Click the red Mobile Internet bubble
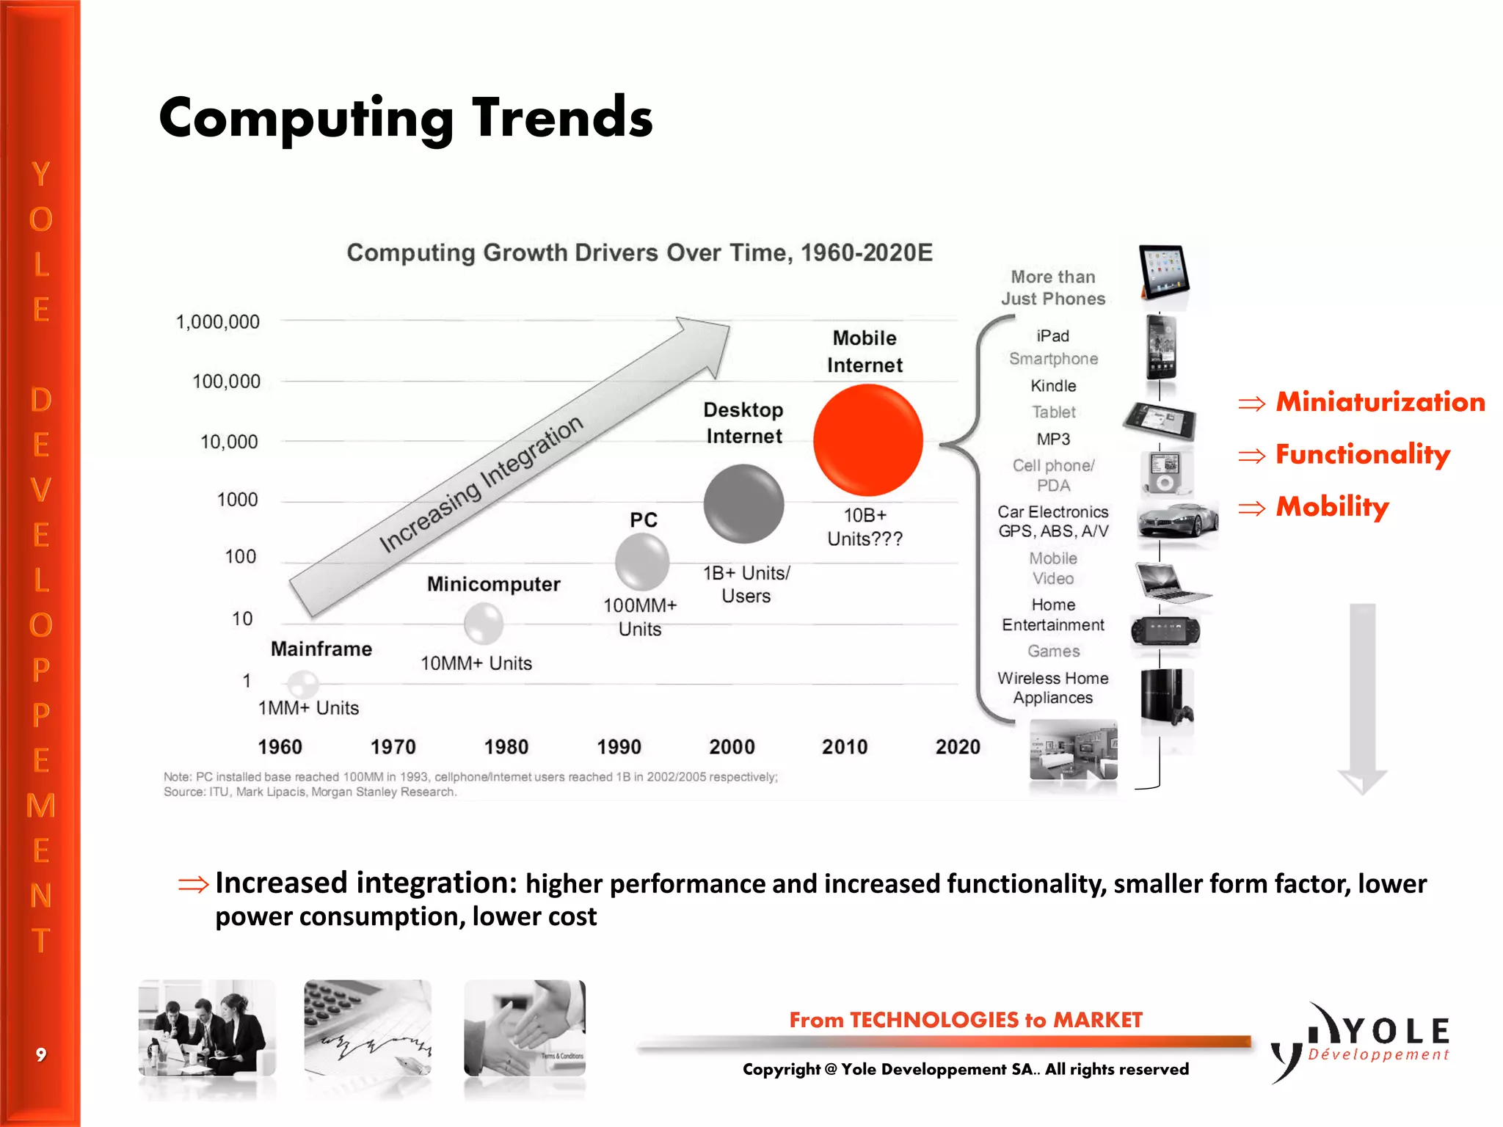click(867, 440)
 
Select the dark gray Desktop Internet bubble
click(743, 503)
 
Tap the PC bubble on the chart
click(642, 562)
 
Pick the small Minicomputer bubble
click(484, 624)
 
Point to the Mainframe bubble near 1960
click(302, 684)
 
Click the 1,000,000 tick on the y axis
click(218, 322)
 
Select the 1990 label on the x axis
click(619, 747)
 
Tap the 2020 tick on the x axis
click(957, 747)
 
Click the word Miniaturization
click(1380, 402)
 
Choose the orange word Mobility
click(1332, 506)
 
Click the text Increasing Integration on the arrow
click(481, 484)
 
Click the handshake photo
click(525, 1027)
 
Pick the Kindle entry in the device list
click(1053, 386)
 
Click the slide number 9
click(41, 1055)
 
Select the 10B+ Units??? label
click(865, 527)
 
